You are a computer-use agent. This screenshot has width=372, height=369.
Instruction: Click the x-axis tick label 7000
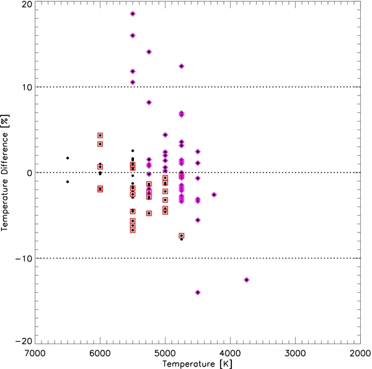[35, 352]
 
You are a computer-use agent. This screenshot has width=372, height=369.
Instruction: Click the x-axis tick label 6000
[100, 352]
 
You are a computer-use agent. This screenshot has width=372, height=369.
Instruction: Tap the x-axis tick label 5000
[165, 352]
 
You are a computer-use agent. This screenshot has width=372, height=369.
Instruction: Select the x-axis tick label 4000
[230, 352]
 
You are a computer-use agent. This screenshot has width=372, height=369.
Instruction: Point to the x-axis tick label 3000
[295, 352]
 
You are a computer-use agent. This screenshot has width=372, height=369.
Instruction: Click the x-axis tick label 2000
[360, 352]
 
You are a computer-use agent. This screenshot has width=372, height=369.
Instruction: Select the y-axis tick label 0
[28, 173]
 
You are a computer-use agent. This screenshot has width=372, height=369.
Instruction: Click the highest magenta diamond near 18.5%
[133, 14]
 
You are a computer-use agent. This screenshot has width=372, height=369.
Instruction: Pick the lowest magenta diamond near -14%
[198, 292]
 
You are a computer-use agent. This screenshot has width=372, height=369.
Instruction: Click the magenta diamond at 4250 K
[214, 195]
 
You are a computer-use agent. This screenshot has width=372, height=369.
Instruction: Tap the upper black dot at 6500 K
[68, 158]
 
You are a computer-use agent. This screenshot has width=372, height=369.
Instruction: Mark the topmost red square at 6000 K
[100, 135]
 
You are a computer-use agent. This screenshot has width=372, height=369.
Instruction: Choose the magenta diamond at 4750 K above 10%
[181, 66]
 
